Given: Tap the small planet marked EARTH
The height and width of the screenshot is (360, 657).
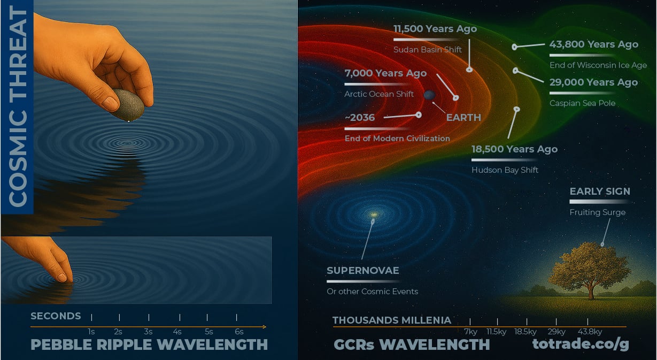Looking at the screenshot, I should pos(430,95).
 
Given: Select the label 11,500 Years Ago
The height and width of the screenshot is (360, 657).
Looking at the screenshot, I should pos(435,29).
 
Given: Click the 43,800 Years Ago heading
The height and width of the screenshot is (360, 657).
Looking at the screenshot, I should pos(593,44).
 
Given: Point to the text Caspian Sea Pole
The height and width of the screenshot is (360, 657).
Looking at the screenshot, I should pos(582,103).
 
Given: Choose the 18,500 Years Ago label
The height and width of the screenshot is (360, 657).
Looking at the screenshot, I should pos(514,149).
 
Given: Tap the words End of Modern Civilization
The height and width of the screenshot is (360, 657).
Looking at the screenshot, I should pos(397,139).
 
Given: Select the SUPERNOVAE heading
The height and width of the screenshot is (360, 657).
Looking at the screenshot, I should pos(362,270).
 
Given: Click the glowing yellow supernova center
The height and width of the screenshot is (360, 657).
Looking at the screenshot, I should pos(374,215).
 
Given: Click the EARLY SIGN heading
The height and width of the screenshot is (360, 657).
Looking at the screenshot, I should pos(599,191).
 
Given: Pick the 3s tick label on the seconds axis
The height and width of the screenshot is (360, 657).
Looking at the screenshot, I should pos(148,332).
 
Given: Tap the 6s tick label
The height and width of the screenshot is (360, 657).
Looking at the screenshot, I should pos(238,332).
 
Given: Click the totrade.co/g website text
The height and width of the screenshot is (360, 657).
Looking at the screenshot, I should pos(581,345).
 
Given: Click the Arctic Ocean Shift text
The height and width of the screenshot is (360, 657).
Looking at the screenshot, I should pos(379,94).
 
